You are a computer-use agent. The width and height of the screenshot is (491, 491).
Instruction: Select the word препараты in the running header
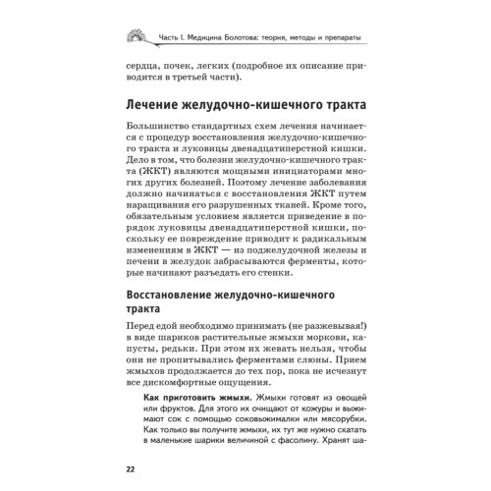click(328, 37)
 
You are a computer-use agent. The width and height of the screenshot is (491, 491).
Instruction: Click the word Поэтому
click(270, 209)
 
